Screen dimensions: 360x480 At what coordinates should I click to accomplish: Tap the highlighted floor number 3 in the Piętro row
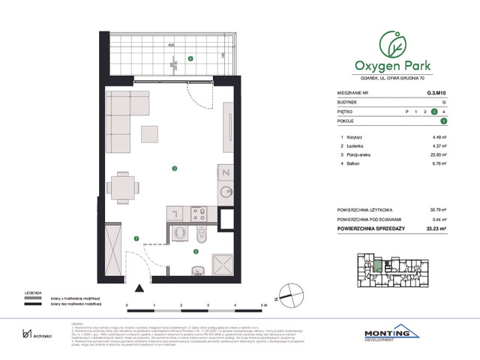pyautogui.click(x=444, y=111)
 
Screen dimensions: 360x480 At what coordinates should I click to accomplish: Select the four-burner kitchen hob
pyautogui.click(x=199, y=217)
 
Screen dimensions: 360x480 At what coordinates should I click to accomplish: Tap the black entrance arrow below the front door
pyautogui.click(x=139, y=287)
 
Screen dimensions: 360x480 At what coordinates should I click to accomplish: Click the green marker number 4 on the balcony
pyautogui.click(x=190, y=58)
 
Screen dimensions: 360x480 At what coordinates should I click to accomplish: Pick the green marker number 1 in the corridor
pyautogui.click(x=136, y=238)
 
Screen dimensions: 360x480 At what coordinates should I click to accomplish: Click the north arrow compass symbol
pyautogui.click(x=286, y=295)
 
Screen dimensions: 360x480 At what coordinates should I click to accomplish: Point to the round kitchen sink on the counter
pyautogui.click(x=226, y=191)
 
